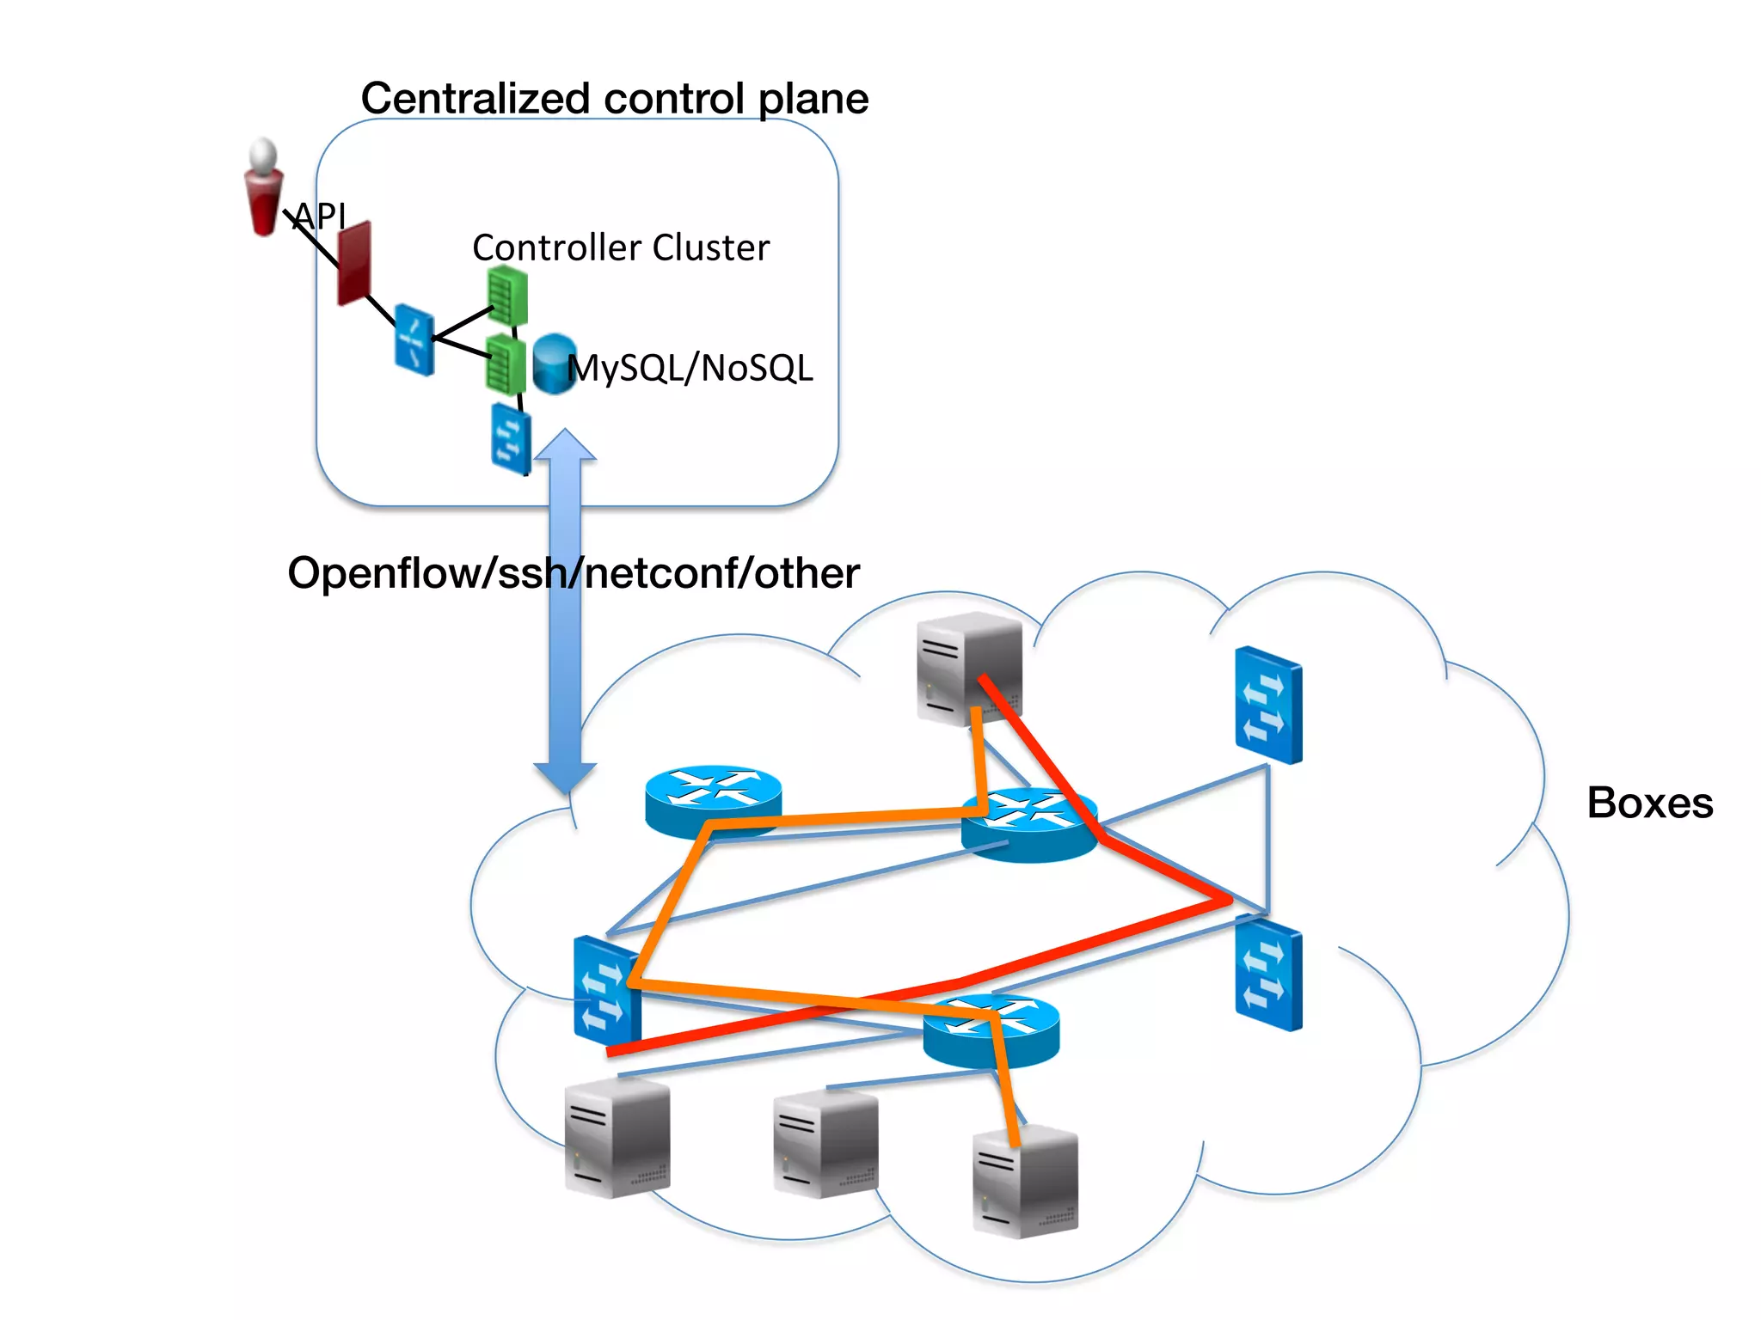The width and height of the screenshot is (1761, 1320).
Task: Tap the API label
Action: pos(319,215)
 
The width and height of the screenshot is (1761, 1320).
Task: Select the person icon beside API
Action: pos(262,187)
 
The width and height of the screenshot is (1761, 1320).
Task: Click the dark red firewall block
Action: pos(354,263)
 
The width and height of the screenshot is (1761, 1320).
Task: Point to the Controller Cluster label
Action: pos(620,247)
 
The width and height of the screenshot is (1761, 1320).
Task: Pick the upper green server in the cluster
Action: pos(506,295)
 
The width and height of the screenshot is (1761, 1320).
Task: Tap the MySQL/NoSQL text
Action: pos(690,368)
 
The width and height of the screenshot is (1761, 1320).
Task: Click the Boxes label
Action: pos(1648,803)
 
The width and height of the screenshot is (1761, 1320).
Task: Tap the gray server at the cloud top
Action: pos(968,668)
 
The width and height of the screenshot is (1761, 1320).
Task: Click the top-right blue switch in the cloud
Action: pos(1267,706)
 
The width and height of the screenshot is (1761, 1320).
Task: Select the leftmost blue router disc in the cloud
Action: pos(713,799)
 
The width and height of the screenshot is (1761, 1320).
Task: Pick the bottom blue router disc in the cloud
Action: pos(991,1030)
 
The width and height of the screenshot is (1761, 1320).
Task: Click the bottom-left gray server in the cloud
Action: pos(617,1138)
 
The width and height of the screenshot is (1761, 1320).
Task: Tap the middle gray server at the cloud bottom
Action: pos(825,1143)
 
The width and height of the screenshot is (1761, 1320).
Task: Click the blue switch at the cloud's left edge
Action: pos(606,990)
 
